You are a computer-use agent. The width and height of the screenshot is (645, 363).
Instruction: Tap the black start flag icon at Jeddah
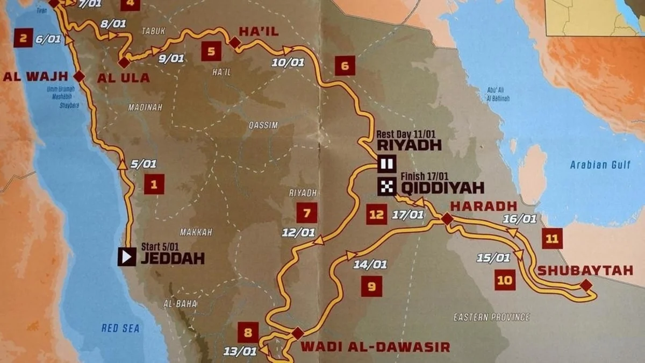coord(127,257)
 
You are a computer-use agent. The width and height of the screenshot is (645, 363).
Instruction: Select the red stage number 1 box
coord(154,185)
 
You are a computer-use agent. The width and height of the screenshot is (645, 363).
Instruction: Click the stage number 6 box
coord(345,66)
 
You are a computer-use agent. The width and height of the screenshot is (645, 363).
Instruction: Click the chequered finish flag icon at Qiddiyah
coord(386,187)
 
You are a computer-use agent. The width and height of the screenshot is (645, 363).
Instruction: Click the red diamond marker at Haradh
coord(447,218)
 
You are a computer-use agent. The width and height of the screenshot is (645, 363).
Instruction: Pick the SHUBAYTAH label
coord(585,271)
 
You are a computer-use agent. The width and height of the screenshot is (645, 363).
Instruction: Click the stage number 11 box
coord(552,238)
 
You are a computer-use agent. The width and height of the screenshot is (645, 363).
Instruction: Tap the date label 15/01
coord(493,258)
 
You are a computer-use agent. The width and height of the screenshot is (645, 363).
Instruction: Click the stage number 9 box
coord(371,286)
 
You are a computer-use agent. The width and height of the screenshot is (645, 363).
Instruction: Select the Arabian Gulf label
coord(600,165)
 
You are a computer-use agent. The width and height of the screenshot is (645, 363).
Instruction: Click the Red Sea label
coord(120,328)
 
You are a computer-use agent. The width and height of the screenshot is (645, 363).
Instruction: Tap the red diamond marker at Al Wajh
coord(79,76)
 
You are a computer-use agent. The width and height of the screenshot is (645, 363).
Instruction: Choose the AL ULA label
coord(123,78)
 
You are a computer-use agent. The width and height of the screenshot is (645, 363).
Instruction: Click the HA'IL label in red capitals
coord(259,32)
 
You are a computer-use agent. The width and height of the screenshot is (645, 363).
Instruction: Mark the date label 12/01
coord(298,232)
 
